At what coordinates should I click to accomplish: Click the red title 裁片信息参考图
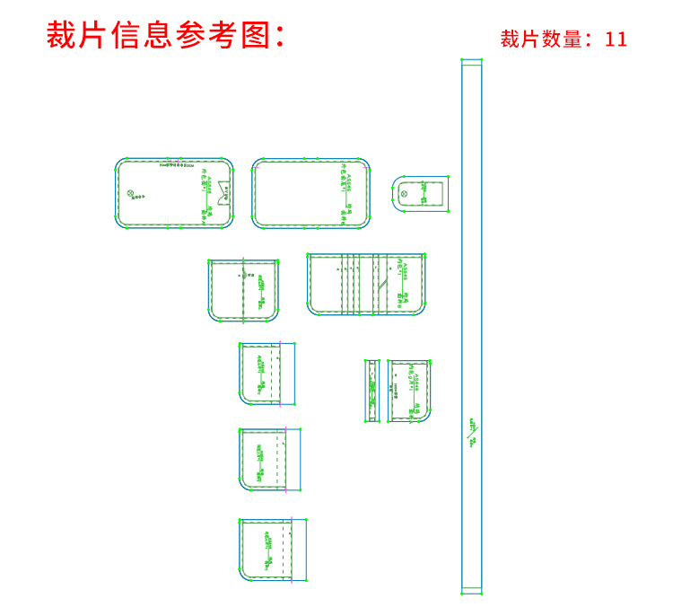coord(166,35)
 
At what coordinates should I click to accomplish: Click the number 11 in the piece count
coord(616,40)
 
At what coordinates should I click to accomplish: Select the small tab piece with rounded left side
coord(423,194)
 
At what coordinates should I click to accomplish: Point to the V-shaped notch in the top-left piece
coord(224,189)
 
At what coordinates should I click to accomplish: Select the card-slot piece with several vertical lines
coord(365,284)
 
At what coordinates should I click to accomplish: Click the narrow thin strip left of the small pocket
coord(372,391)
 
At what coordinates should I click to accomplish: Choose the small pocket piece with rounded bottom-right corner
coord(410,391)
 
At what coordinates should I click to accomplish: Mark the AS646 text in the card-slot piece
coord(404,270)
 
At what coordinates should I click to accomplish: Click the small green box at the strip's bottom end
coord(472,590)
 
